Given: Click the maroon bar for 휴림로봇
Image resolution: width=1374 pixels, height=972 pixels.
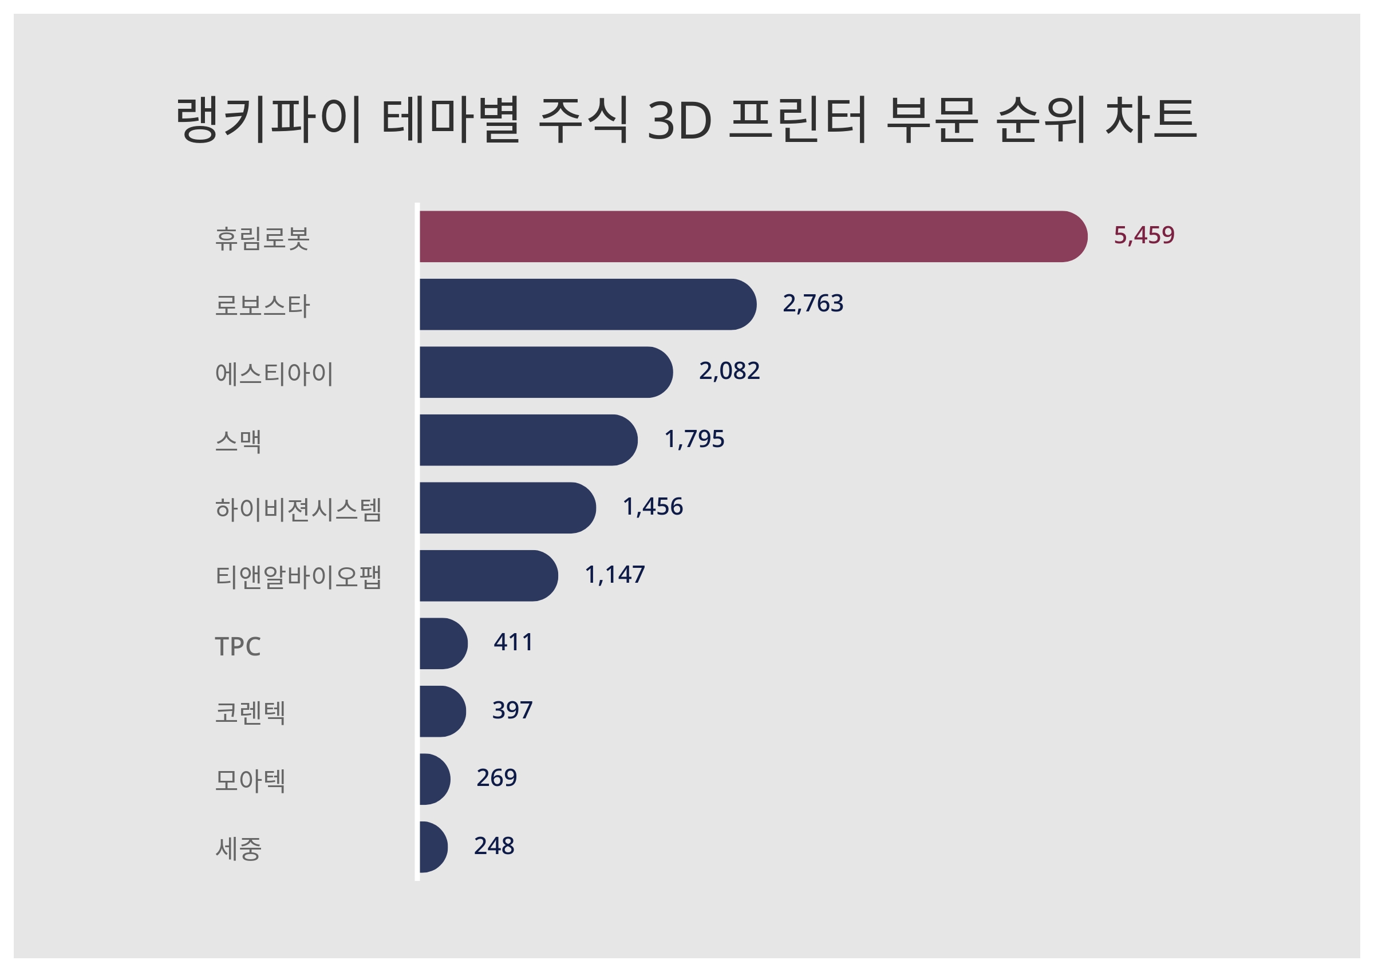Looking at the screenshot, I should [x=753, y=236].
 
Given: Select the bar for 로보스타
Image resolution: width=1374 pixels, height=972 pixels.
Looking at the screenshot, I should [x=587, y=304].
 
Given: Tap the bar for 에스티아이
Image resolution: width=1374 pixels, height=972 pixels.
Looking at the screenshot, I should [x=546, y=372].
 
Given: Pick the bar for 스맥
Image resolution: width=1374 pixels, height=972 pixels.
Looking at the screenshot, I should [x=528, y=440].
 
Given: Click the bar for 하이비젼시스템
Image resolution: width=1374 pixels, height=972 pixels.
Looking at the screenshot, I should [x=507, y=508].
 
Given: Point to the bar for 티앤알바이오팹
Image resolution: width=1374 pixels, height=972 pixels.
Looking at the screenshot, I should [x=488, y=575].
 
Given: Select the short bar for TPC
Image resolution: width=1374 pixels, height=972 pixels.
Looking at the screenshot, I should [x=443, y=643].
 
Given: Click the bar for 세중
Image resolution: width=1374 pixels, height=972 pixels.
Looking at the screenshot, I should [x=433, y=847].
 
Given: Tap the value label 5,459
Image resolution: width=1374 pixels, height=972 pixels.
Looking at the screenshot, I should [x=1144, y=235].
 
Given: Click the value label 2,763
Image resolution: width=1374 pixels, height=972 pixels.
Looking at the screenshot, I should [x=813, y=303].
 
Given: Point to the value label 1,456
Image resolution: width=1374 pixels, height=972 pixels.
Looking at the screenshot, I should [x=652, y=507].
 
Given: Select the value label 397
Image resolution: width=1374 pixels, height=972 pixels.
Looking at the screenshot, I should [x=512, y=710].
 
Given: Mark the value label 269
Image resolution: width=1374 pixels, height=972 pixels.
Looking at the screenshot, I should [x=496, y=778].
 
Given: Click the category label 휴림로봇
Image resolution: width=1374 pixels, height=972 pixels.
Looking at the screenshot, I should [x=262, y=238].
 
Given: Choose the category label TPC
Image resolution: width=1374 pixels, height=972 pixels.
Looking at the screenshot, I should [x=238, y=646].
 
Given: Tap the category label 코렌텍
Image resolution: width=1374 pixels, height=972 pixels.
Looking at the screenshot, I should [x=250, y=713].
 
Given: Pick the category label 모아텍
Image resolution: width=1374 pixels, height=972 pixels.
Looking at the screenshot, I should [x=250, y=780].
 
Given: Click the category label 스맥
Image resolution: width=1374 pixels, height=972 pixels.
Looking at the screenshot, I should [x=238, y=442].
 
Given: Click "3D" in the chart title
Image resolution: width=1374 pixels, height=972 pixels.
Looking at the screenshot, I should [x=680, y=120].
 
